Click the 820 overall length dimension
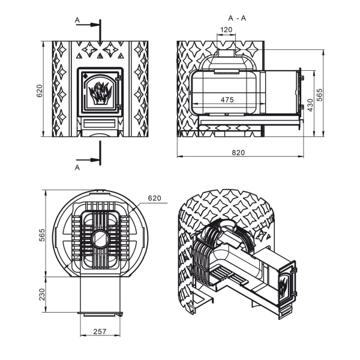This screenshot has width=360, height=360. (x=238, y=152)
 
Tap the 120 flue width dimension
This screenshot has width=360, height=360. (x=226, y=29)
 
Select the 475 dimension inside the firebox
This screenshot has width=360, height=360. (x=227, y=100)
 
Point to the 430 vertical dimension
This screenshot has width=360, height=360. (x=310, y=105)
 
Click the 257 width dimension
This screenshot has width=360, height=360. (x=100, y=332)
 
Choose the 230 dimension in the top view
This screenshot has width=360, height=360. (x=42, y=295)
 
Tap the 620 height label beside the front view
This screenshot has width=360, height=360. (x=40, y=91)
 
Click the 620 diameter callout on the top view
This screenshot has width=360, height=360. (x=155, y=198)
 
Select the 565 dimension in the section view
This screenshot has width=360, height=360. (x=319, y=95)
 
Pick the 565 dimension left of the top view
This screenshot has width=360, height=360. (x=42, y=235)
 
